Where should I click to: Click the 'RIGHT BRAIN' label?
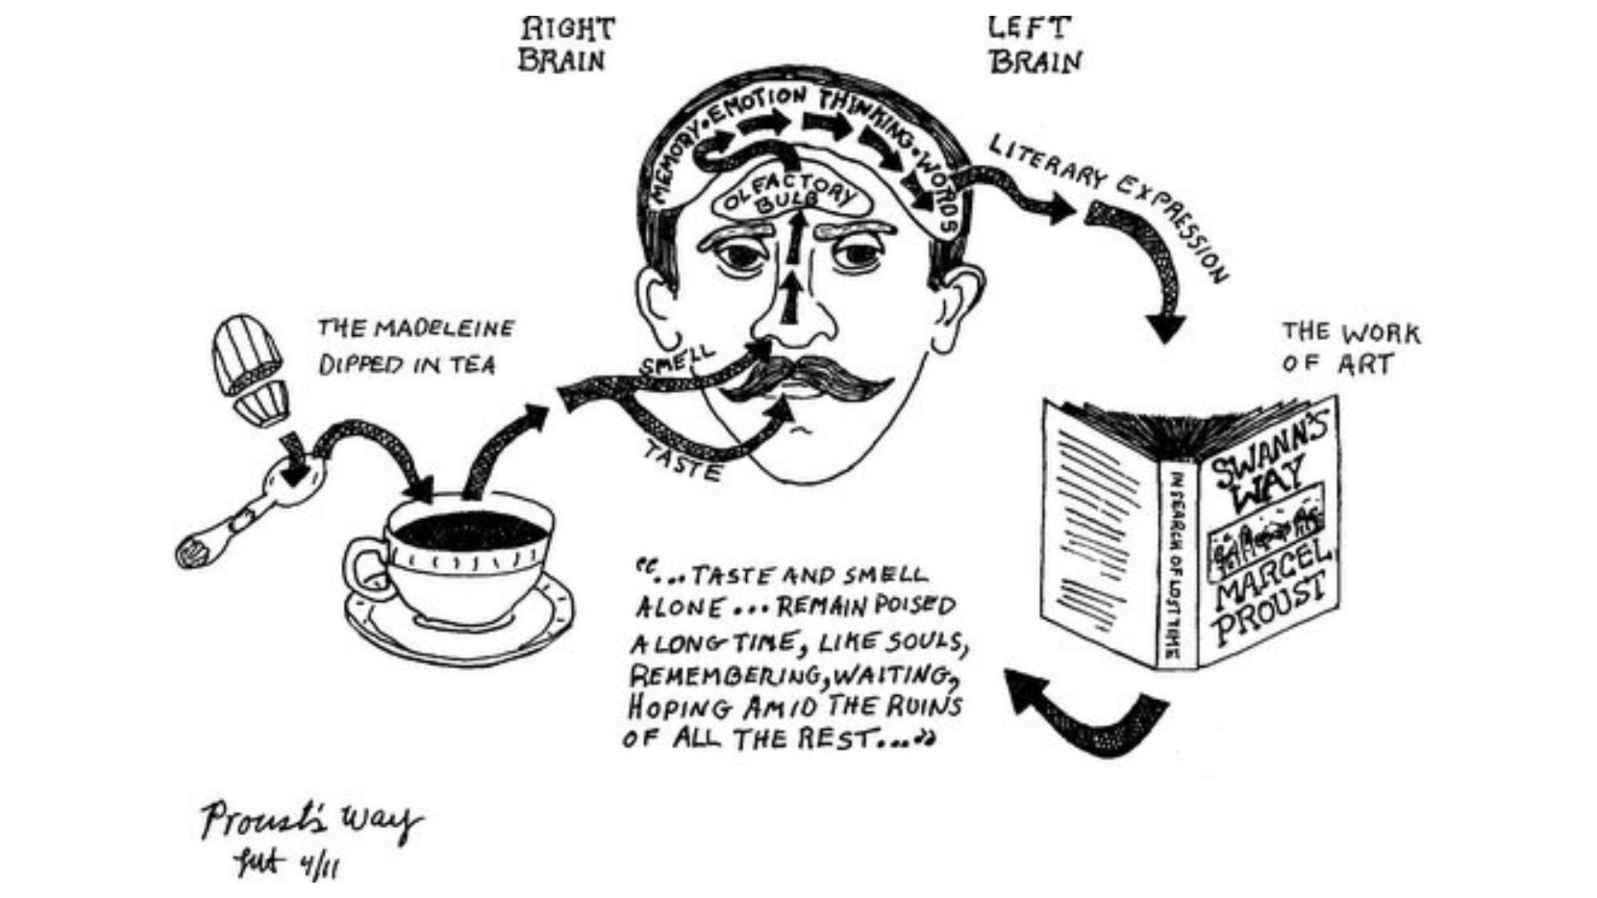566,45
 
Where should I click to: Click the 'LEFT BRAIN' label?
1035,45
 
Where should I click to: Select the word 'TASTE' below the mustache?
682,462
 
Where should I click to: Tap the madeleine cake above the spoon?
248,366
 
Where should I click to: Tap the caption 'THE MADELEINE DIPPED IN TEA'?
415,347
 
